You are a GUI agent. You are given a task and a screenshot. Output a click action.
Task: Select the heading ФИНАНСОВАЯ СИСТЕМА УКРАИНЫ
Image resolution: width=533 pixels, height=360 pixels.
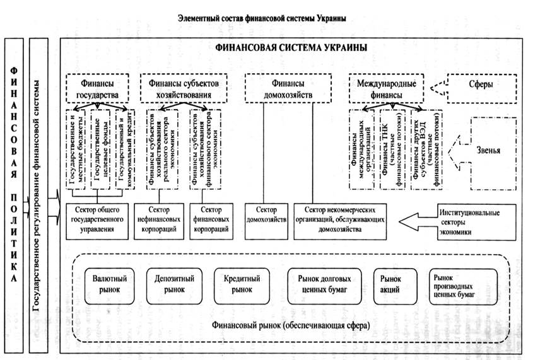(x=291, y=48)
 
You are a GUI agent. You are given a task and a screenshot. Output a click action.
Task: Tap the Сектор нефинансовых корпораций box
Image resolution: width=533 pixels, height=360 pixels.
(x=160, y=220)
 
